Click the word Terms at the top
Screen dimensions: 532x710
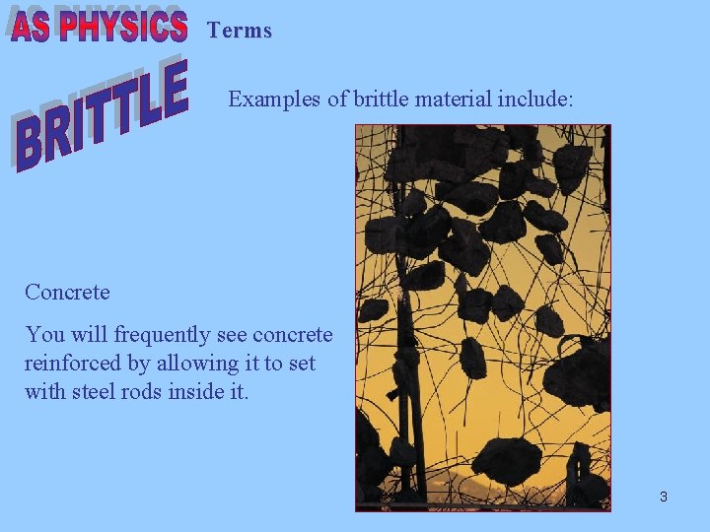240,31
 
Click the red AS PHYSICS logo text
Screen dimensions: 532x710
100,27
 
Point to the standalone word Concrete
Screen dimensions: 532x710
67,293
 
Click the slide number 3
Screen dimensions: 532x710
664,497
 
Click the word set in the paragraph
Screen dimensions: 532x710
302,364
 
